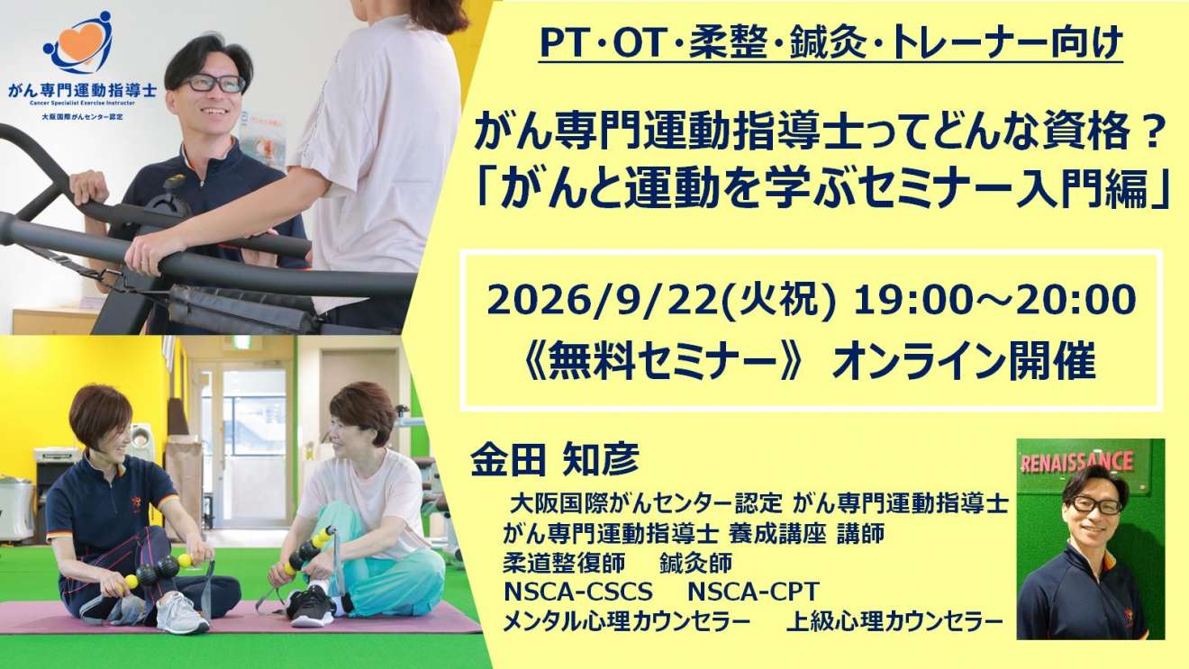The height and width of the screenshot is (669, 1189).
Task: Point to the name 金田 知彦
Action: (x=555, y=458)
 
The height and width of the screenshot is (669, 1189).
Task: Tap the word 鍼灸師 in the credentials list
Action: (x=696, y=564)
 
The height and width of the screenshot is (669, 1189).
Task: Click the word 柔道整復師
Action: (x=564, y=564)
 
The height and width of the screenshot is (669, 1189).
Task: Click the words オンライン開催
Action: (x=964, y=362)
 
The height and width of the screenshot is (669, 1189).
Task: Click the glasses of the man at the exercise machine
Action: (x=214, y=84)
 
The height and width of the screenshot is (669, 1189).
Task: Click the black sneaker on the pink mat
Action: (x=312, y=606)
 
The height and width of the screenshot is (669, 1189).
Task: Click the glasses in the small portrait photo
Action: (x=1095, y=504)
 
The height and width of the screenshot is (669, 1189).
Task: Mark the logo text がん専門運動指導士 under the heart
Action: (x=83, y=90)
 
